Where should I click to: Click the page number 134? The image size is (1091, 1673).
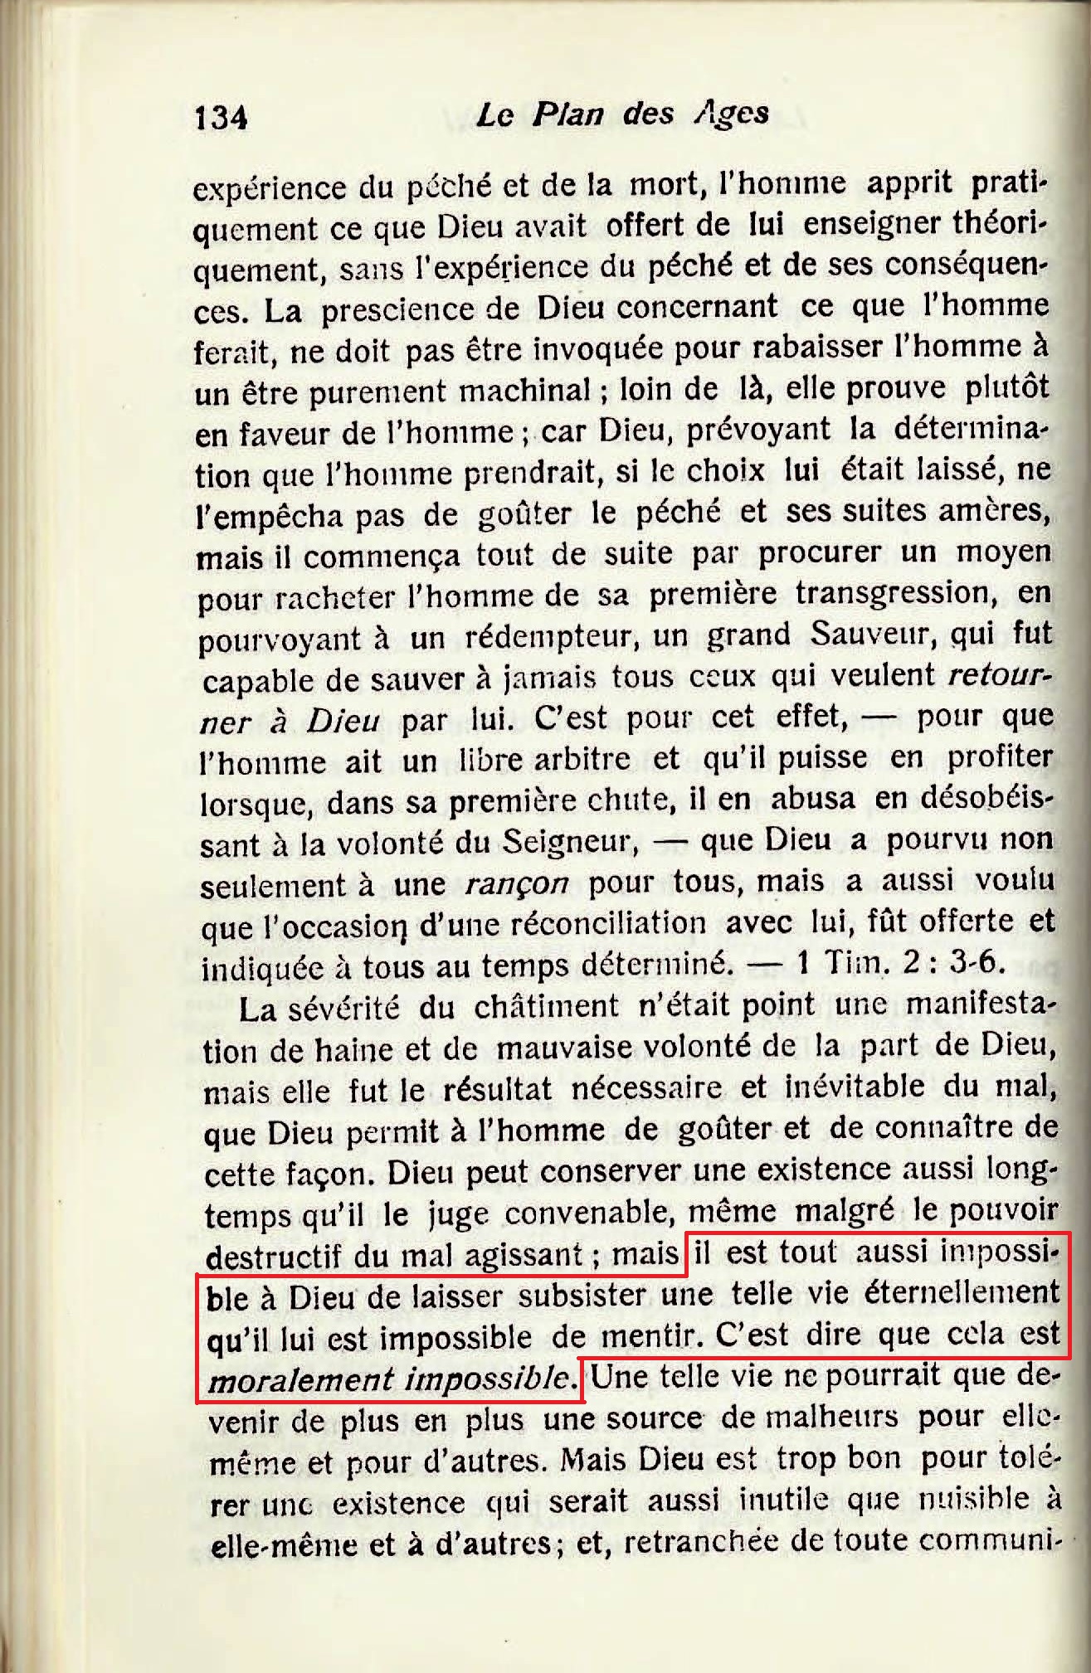[x=221, y=118]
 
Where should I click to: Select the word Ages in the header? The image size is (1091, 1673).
[x=731, y=113]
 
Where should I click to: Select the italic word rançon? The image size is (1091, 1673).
[x=517, y=884]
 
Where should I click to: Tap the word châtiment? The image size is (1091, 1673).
[x=546, y=1007]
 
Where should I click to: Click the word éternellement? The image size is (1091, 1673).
[x=962, y=1293]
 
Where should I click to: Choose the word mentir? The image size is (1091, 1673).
[x=647, y=1336]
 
